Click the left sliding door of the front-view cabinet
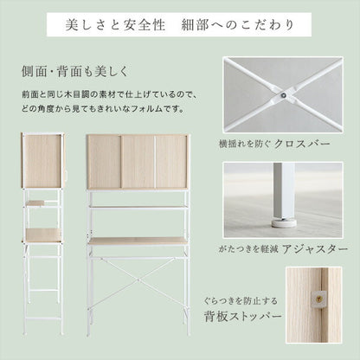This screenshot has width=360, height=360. pos(104,162)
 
